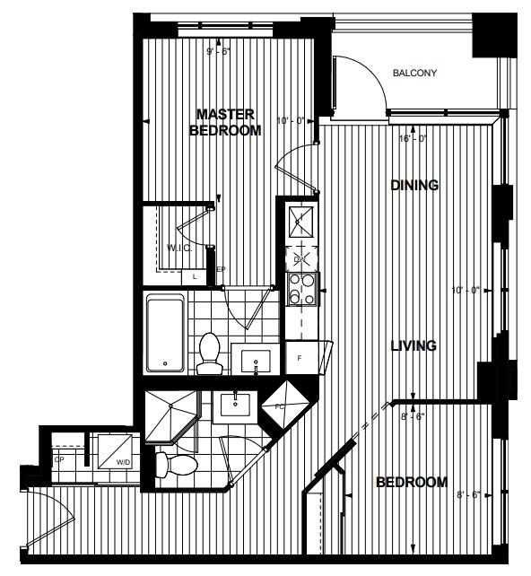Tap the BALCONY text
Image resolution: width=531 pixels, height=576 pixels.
tap(414, 74)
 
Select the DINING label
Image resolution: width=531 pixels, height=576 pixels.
tap(414, 186)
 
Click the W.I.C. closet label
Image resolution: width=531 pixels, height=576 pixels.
tap(179, 247)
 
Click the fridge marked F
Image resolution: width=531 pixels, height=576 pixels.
tap(300, 356)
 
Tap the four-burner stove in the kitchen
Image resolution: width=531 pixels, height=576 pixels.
tap(300, 289)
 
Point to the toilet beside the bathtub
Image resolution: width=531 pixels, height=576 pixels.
tap(210, 353)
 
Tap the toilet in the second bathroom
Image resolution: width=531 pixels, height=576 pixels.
tap(175, 464)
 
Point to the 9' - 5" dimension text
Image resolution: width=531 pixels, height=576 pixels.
tap(219, 52)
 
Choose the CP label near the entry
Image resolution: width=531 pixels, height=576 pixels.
tap(60, 459)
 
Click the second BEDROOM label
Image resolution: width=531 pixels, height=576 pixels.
tap(411, 483)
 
